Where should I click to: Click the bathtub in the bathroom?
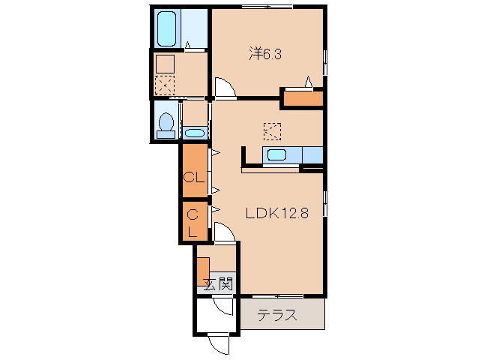tap(166, 28)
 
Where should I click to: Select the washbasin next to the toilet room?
tap(195, 133)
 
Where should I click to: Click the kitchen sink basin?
tap(276, 154)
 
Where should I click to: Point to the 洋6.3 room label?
tap(265, 54)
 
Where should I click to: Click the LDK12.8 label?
tap(277, 213)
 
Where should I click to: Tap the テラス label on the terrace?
tap(276, 315)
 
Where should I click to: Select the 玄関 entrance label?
tap(219, 284)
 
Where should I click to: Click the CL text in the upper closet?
tap(193, 177)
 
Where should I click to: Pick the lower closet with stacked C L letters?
tap(193, 221)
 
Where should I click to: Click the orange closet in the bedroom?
tap(303, 98)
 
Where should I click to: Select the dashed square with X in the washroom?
tap(165, 85)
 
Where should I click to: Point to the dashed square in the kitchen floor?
tap(272, 131)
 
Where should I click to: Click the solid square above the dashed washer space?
tap(165, 64)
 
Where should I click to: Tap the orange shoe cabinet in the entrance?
tap(203, 271)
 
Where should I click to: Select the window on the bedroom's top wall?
tap(267, 7)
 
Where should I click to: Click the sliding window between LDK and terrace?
tap(277, 296)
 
